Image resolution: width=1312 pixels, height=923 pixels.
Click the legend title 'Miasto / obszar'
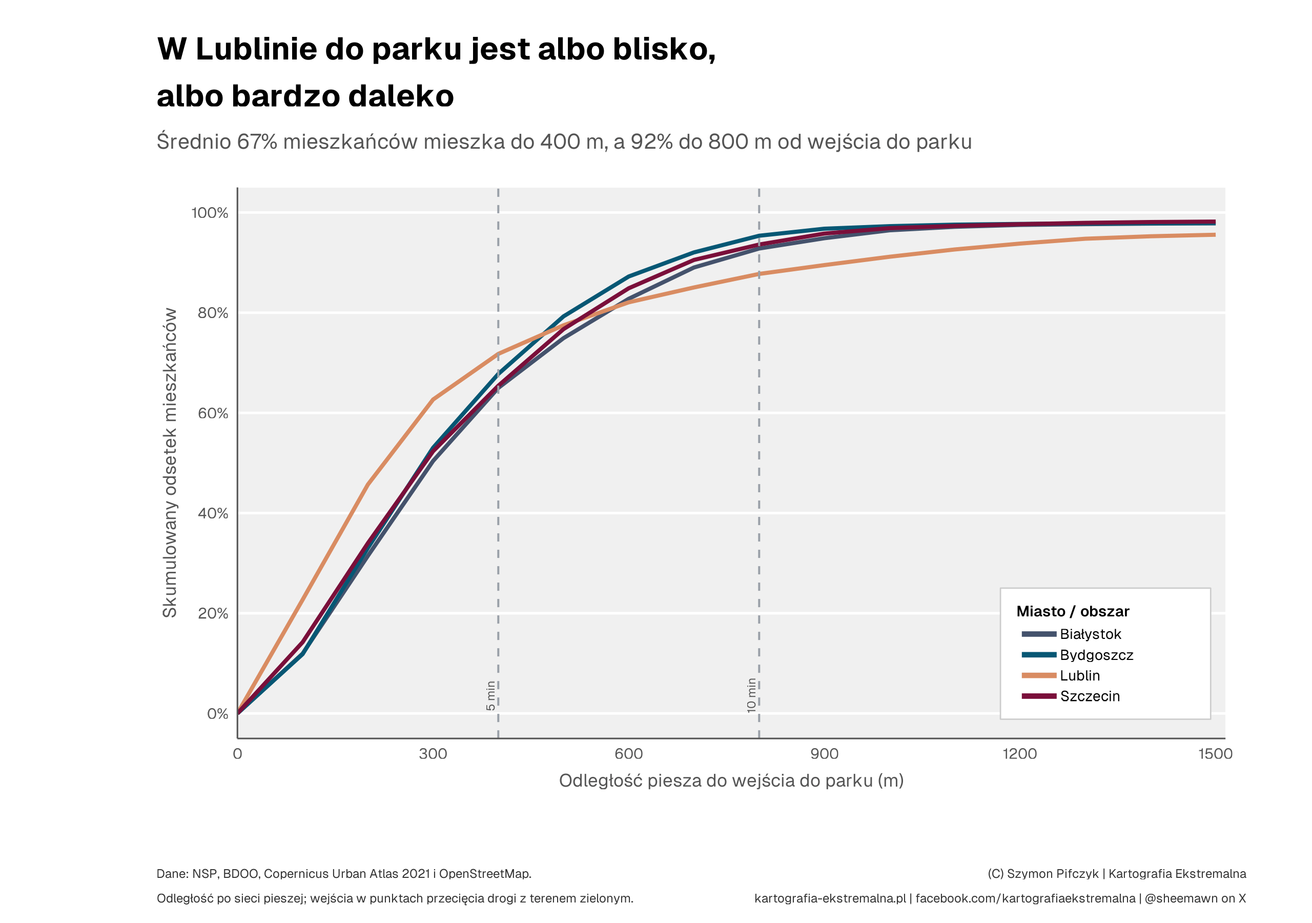coord(1073,611)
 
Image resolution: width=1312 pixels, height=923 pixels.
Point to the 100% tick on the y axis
coord(210,213)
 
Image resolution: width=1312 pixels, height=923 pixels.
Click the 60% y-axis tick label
coord(213,413)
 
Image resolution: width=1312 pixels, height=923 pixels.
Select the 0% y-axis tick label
coord(217,714)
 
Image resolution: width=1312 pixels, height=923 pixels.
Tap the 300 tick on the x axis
coord(433,754)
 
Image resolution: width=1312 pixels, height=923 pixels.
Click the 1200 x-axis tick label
coord(1020,754)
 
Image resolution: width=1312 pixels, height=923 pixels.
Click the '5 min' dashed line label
coord(490,696)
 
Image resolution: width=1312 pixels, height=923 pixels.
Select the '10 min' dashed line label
coord(751,695)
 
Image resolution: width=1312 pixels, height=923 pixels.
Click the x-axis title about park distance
coord(731,780)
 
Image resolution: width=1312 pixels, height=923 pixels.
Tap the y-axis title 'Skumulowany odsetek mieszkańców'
coord(170,463)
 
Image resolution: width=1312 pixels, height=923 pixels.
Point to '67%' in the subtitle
coord(257,141)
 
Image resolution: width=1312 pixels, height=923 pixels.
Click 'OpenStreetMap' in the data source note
coord(485,874)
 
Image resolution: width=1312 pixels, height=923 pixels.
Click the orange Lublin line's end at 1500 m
coord(1215,234)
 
